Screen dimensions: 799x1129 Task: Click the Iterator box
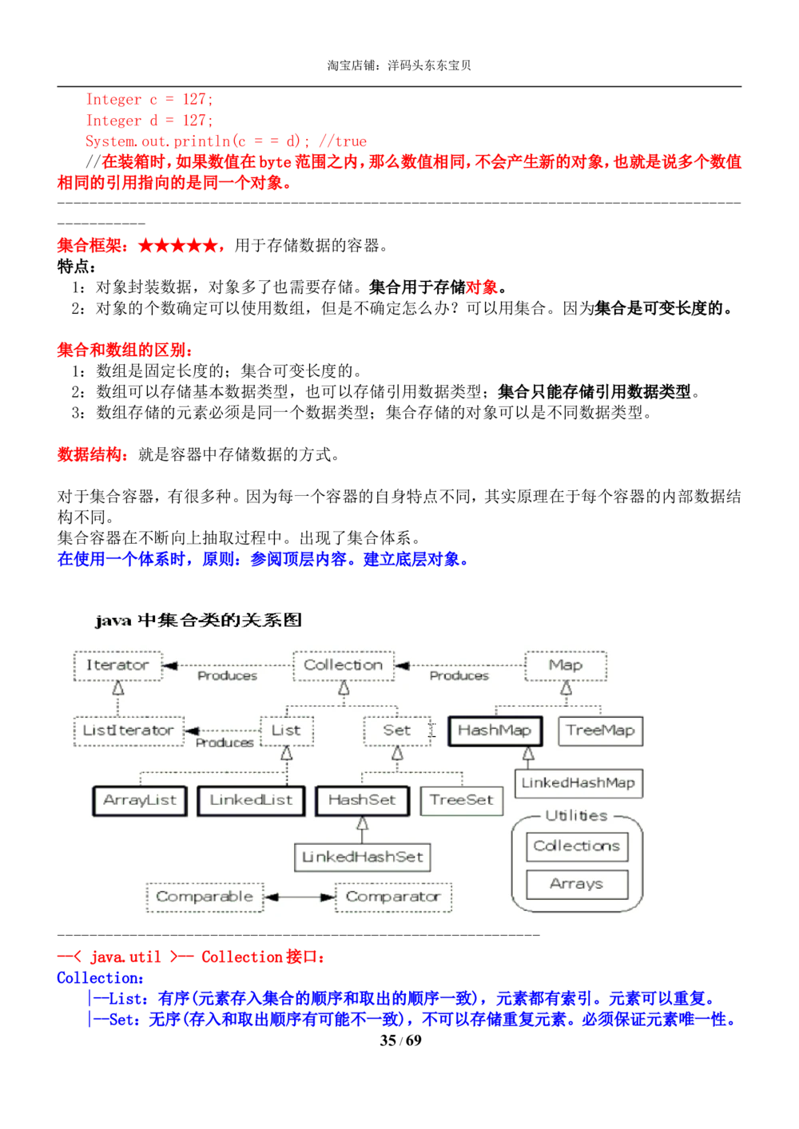[117, 665]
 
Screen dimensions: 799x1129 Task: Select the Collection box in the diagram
[344, 665]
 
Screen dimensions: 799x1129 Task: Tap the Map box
[566, 665]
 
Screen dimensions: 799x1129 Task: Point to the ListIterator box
[128, 731]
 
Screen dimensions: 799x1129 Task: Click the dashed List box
[286, 731]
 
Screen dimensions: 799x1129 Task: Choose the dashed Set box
[397, 731]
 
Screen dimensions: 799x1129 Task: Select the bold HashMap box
[495, 731]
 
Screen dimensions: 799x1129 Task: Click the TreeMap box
[600, 731]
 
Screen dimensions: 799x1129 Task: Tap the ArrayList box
[140, 800]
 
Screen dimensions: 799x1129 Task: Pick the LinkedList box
[251, 800]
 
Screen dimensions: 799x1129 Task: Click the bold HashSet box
[362, 800]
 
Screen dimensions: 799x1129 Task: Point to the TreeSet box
[462, 800]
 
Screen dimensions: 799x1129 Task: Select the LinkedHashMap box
[578, 783]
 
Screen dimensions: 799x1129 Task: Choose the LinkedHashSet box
[362, 858]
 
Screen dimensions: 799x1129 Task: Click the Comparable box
[205, 897]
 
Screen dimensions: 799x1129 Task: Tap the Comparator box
[393, 897]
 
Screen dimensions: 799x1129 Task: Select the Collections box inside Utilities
[577, 846]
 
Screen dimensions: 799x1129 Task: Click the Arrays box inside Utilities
[577, 884]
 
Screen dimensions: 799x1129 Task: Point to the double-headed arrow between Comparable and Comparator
[300, 897]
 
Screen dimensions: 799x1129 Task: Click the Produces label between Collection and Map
[459, 675]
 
